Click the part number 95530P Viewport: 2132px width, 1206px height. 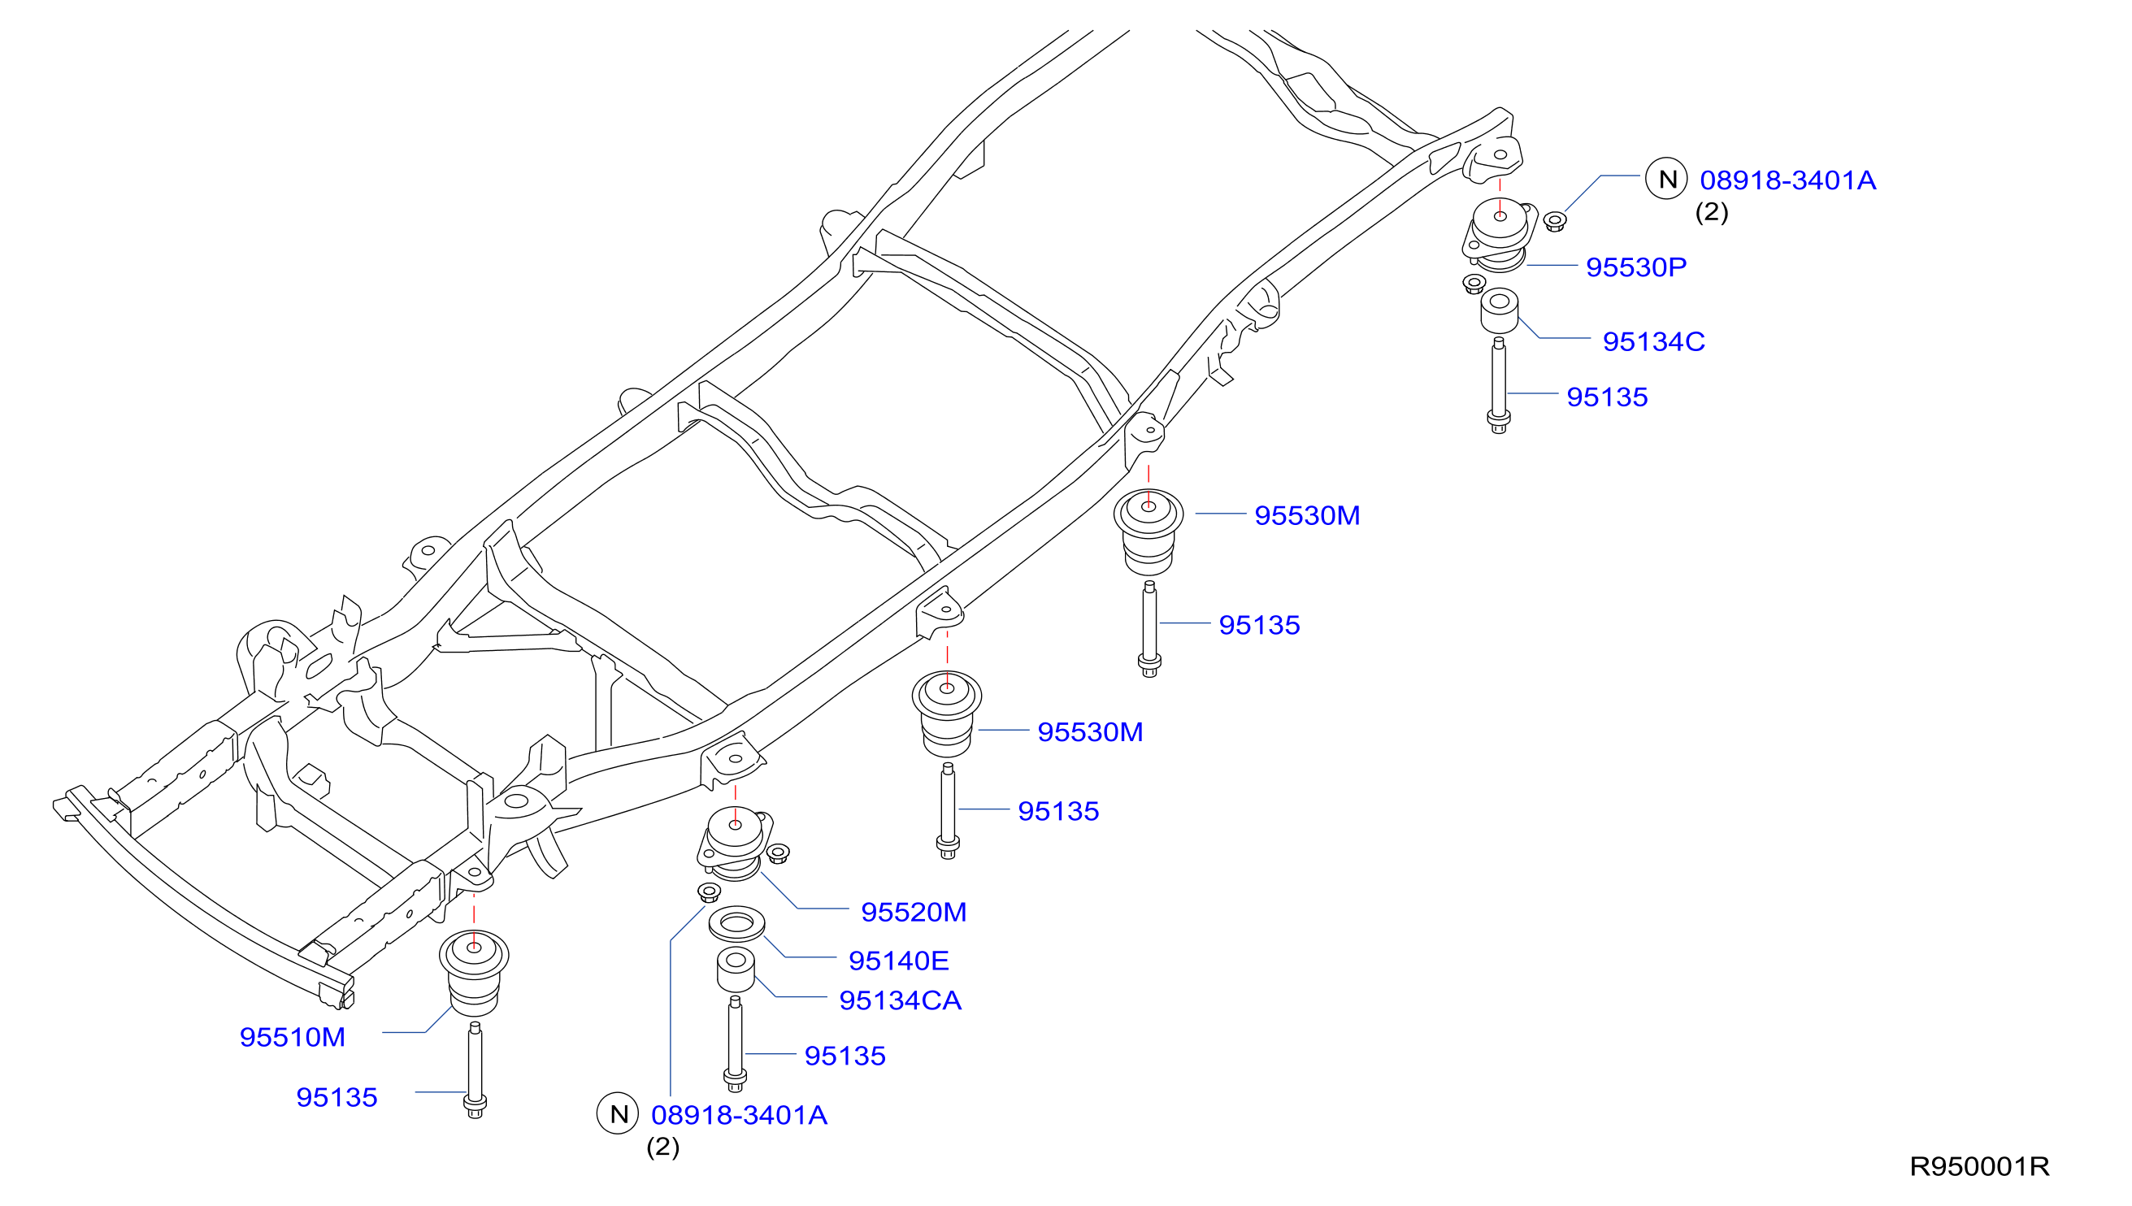[1636, 267]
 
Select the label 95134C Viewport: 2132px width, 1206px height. [1653, 341]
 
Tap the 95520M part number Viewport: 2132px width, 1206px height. [914, 912]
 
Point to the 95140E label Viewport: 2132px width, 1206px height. [899, 961]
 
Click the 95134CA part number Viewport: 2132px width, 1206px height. [901, 1000]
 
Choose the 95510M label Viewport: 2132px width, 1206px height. [293, 1037]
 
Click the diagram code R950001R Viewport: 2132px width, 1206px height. [1978, 1166]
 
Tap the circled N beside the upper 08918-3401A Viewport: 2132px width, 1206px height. [1665, 179]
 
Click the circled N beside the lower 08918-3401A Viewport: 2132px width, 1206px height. [618, 1114]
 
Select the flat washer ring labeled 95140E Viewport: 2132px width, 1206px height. [736, 923]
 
